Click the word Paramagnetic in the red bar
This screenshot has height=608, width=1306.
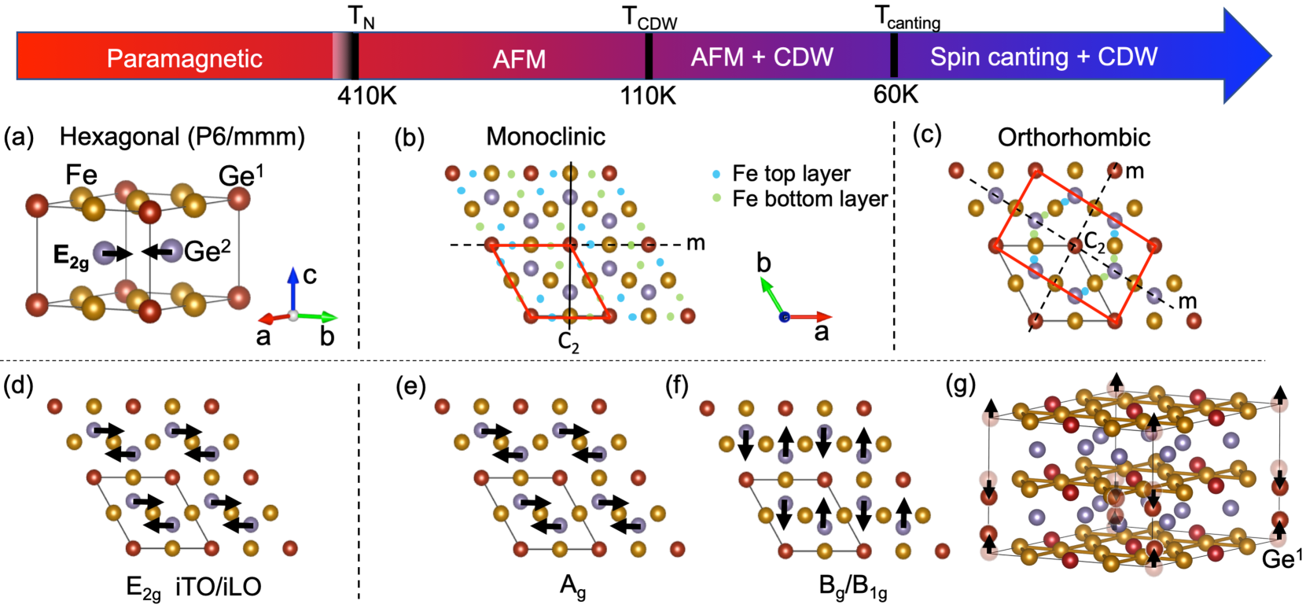click(x=184, y=58)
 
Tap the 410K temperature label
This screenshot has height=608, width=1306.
click(x=366, y=96)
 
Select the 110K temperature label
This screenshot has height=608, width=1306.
click(x=648, y=96)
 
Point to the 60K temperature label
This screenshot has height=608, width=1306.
click(x=896, y=94)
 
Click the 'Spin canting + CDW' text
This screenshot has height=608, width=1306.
click(x=1043, y=57)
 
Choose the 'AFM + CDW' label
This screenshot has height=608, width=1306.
click(x=762, y=57)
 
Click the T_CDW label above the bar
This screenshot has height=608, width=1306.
click(x=649, y=18)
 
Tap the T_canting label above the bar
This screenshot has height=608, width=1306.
click(x=907, y=18)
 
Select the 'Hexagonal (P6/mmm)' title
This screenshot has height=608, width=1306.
click(x=182, y=137)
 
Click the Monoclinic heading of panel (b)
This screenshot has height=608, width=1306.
click(x=545, y=137)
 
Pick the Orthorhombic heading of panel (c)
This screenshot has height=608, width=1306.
click(x=1073, y=138)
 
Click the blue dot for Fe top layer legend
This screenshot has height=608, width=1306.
click(x=716, y=174)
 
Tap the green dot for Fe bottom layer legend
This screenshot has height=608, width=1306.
click(x=716, y=199)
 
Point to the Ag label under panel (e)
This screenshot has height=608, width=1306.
click(x=572, y=586)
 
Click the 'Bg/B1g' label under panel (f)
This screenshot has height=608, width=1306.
click(x=852, y=587)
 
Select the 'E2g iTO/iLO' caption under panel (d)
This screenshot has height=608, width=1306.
click(x=193, y=587)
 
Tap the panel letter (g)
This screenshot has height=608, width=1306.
click(x=961, y=385)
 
